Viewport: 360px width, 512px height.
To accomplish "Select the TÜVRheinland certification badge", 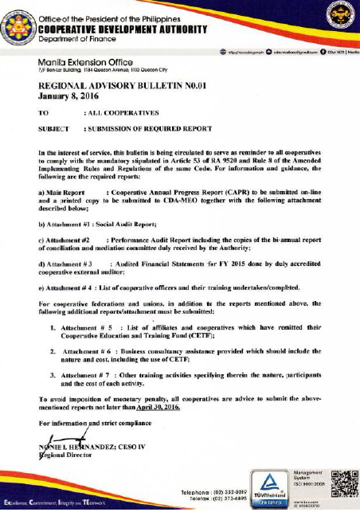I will coord(267,486).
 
